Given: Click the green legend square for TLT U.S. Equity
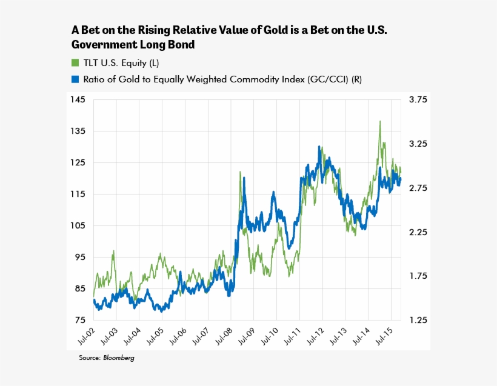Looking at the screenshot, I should click(x=75, y=62).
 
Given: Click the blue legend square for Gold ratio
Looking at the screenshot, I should click(x=75, y=79).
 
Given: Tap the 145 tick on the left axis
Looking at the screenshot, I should click(x=77, y=99).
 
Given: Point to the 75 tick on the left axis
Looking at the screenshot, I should click(x=79, y=320).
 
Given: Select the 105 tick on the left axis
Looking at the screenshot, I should click(x=77, y=225).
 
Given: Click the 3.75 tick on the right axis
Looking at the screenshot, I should click(x=418, y=99).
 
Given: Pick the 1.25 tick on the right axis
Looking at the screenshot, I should click(x=418, y=320).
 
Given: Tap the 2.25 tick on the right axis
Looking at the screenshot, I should click(x=418, y=232).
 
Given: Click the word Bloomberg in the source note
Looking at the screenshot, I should click(x=119, y=358).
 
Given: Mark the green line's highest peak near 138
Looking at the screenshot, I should click(x=380, y=121).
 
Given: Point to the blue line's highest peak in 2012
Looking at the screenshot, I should click(x=319, y=147).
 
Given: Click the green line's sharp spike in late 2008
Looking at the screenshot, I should click(x=240, y=173).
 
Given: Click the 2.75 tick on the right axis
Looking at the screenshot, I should click(x=418, y=188).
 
